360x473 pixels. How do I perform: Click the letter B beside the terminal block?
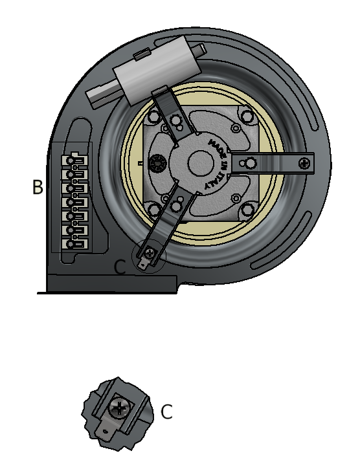point(38,187)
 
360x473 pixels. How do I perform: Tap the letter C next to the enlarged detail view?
point(166,412)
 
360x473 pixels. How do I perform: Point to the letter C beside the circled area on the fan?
point(120,267)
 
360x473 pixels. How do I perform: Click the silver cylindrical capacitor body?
point(157,70)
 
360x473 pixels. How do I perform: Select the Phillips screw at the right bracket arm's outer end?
point(304,164)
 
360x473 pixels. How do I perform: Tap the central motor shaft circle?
point(201,162)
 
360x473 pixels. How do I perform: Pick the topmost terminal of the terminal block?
point(74,160)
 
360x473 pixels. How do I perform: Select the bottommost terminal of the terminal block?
point(74,244)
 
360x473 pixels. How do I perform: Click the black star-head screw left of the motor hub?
point(158,163)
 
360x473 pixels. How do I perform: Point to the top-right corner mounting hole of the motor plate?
point(247,115)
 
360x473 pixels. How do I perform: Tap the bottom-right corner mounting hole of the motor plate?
point(247,210)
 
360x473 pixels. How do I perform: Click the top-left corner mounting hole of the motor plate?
point(155,116)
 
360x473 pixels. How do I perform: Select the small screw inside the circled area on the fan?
point(149,253)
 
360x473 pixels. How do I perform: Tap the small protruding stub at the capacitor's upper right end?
point(200,49)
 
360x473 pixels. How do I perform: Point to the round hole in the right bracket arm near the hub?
point(251,164)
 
